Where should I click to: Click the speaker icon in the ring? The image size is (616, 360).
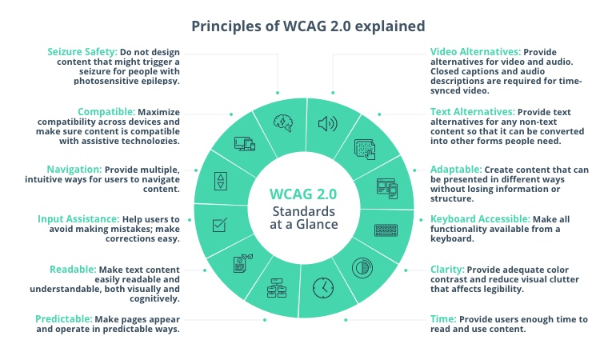coord(327,124)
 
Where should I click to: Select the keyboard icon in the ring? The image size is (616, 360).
coord(386,230)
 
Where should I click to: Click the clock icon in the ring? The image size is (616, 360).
coord(322,286)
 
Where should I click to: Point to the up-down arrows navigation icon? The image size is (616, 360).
coord(221,181)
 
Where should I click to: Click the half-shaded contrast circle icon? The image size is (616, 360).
coord(364,267)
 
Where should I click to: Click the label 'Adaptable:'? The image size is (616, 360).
coord(456,170)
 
